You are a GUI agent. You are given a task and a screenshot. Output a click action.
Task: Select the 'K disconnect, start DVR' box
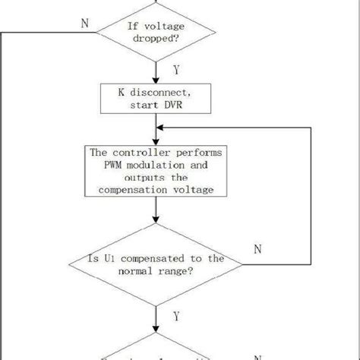click(x=157, y=96)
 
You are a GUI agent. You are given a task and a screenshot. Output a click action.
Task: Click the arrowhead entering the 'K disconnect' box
click(x=157, y=78)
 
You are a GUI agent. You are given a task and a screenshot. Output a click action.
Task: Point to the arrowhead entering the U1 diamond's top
click(x=157, y=223)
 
